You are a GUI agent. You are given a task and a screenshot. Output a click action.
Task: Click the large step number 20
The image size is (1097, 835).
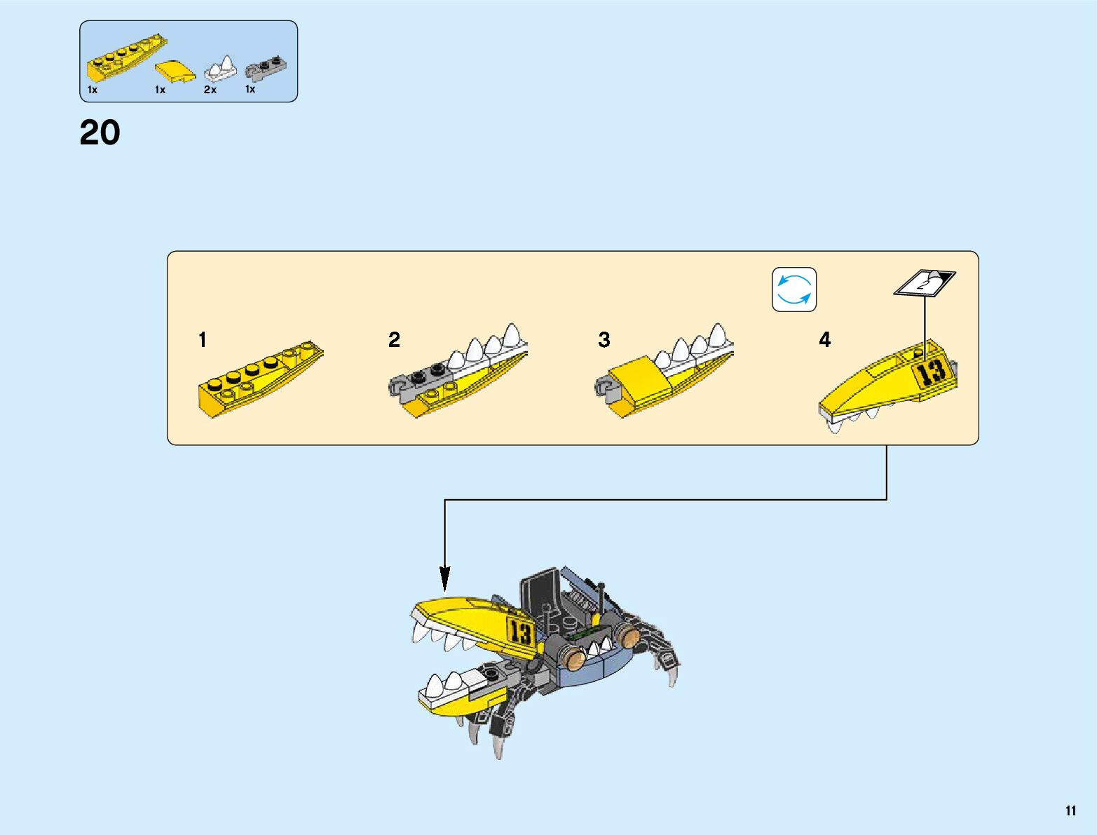100,133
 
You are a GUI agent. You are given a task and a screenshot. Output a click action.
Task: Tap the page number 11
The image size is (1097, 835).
1070,810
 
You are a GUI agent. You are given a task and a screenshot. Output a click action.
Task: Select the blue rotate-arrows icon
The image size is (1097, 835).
794,290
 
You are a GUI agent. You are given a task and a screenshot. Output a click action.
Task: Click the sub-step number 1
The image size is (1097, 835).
203,340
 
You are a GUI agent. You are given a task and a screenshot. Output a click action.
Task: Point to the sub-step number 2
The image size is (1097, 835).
394,340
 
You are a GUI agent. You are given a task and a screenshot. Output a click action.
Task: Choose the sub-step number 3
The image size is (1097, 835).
604,340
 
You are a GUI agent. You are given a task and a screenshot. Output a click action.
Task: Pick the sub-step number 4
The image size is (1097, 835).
825,340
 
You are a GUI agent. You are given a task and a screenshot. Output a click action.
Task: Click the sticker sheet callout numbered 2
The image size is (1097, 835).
925,283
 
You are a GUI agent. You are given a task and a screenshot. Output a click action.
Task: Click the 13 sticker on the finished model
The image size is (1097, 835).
521,633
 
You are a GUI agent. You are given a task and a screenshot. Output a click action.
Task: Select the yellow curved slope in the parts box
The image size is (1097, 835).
175,72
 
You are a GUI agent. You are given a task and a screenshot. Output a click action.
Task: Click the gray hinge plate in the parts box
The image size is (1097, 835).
266,67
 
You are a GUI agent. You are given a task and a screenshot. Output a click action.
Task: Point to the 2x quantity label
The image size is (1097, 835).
210,90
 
